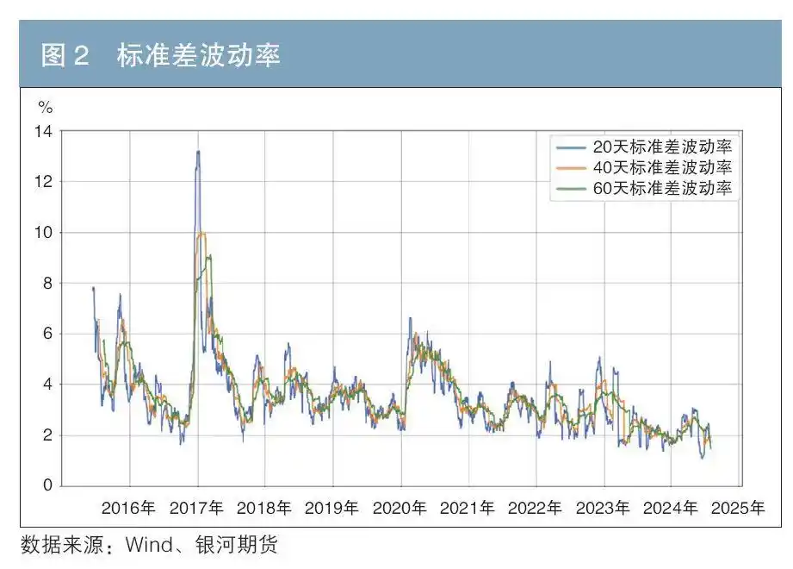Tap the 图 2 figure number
(x=65, y=56)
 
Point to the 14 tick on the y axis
(x=43, y=131)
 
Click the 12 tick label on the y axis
(x=43, y=182)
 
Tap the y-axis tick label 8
(x=47, y=283)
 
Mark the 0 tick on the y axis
(x=47, y=485)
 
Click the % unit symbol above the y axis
(x=46, y=108)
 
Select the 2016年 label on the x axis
(x=129, y=508)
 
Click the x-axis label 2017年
(x=197, y=508)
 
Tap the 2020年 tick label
(x=400, y=508)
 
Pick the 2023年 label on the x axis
(x=604, y=508)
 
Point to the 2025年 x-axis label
(x=739, y=508)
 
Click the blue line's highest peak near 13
(x=198, y=152)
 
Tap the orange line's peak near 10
(x=201, y=233)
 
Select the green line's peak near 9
(x=208, y=255)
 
